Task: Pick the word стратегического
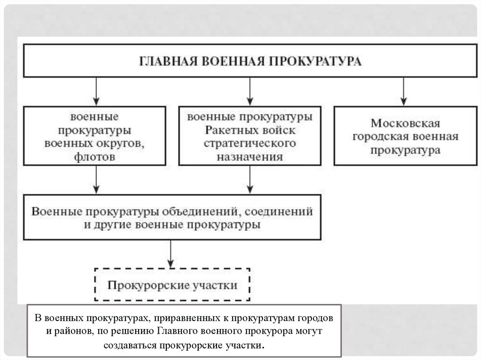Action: [250, 143]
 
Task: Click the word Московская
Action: [405, 123]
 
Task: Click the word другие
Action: [111, 225]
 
